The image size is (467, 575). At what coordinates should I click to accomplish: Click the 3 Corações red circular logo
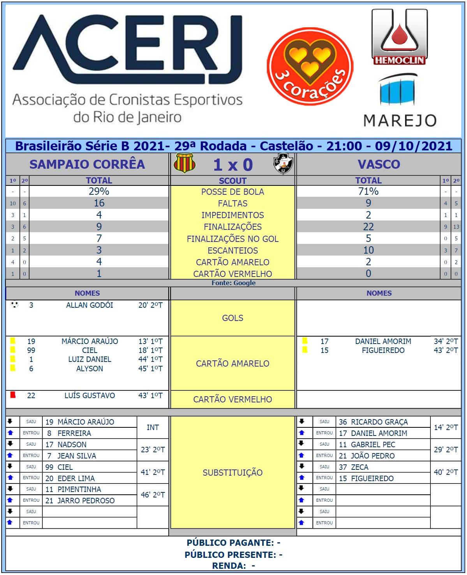(x=310, y=66)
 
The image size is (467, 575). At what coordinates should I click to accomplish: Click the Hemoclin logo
(x=399, y=37)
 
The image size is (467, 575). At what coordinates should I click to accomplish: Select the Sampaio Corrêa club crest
(x=184, y=163)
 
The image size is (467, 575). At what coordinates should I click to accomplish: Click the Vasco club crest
(x=283, y=164)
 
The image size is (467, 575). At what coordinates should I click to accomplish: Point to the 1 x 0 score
(x=233, y=165)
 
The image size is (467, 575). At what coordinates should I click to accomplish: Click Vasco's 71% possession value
(x=368, y=191)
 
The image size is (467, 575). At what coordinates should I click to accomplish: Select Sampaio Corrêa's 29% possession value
(x=99, y=191)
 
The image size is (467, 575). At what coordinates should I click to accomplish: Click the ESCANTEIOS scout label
(x=233, y=250)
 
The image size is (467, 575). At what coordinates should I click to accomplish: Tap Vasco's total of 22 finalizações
(x=368, y=227)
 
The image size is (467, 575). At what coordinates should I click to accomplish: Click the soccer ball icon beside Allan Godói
(x=15, y=305)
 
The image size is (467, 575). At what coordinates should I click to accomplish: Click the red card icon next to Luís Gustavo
(x=13, y=395)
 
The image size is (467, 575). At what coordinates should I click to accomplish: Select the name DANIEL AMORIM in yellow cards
(x=383, y=341)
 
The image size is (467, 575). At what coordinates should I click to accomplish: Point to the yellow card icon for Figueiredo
(x=305, y=350)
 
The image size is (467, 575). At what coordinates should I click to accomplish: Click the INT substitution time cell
(x=153, y=427)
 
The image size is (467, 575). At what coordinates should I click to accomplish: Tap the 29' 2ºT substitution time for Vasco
(x=446, y=450)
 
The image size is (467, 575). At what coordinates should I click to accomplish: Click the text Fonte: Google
(x=233, y=283)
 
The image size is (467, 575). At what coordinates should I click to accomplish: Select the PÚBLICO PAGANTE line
(x=233, y=543)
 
